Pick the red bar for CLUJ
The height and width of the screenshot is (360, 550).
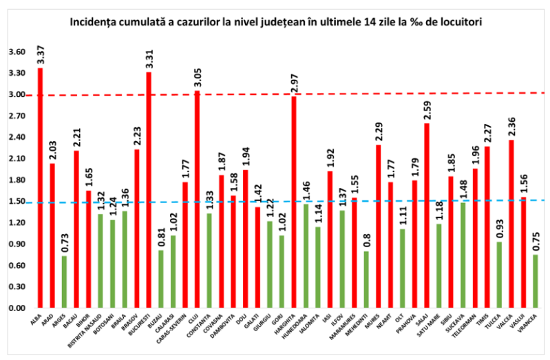coord(197,199)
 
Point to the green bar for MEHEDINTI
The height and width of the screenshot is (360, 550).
coord(366,279)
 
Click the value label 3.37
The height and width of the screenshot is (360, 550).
coord(40,53)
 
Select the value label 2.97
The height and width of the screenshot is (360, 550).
coord(294,82)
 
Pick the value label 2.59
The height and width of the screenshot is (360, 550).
coord(427,109)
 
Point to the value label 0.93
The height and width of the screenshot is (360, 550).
coord(499,228)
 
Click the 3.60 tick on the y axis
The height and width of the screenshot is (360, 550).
coord(17,52)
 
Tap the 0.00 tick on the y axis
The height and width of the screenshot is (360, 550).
coord(17,308)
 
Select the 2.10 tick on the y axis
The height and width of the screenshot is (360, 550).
coord(17,159)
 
